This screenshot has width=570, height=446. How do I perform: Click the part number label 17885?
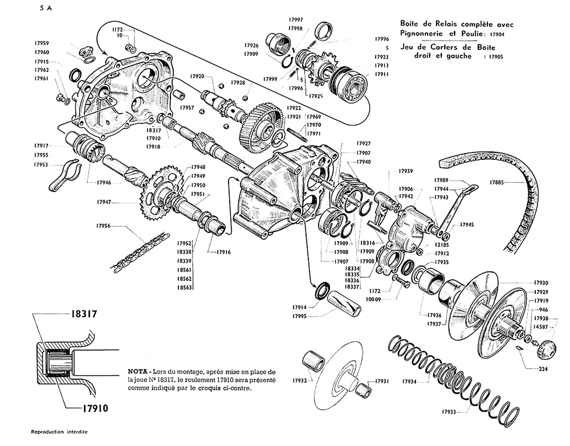497,182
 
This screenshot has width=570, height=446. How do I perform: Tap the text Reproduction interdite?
60,432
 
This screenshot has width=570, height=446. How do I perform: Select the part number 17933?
449,412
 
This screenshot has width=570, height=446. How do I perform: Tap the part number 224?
543,369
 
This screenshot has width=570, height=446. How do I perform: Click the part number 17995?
300,317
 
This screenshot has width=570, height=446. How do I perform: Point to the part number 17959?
42,43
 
